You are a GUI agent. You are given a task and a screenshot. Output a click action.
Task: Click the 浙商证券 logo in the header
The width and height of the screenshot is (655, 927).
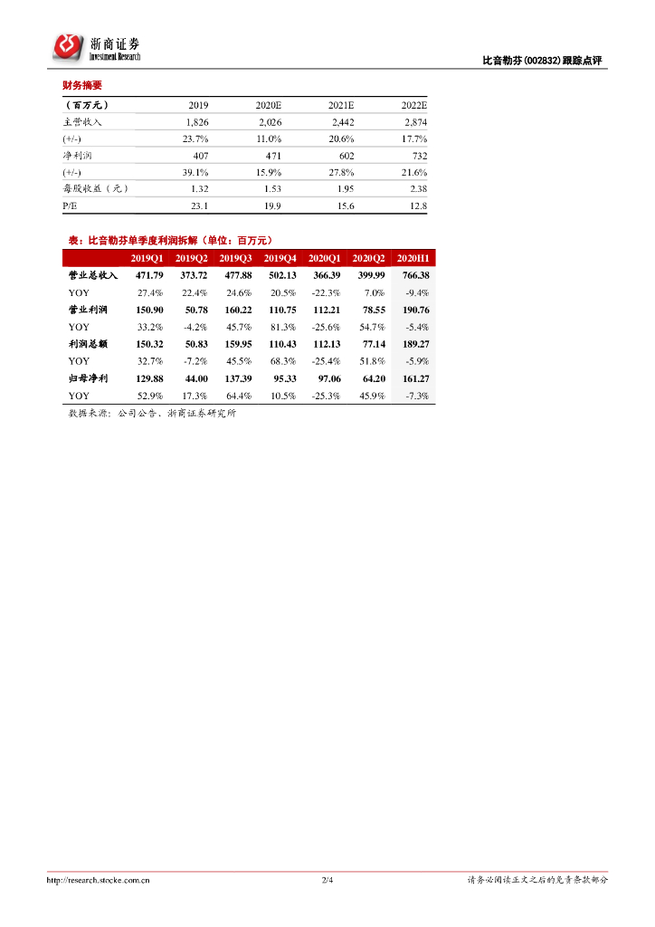[x=96, y=48]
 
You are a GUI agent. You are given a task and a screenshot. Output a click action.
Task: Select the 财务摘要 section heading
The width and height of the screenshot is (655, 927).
[x=81, y=86]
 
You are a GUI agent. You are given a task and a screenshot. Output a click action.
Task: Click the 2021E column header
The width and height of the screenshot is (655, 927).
[x=341, y=104]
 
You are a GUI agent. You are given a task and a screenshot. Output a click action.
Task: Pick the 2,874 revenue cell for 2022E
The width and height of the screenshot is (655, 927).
[x=413, y=121]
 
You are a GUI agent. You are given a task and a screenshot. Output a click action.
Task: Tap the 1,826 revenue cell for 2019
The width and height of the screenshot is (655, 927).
[x=197, y=121]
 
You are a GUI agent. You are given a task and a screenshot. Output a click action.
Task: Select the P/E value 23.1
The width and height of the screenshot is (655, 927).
[x=200, y=206]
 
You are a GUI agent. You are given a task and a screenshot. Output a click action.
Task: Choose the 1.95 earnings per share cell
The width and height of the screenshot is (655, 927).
[x=345, y=189]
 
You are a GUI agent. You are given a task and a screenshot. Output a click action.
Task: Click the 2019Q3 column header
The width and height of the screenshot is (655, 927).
[x=235, y=258]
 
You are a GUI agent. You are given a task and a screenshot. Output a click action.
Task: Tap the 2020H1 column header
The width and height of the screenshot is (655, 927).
[x=413, y=258]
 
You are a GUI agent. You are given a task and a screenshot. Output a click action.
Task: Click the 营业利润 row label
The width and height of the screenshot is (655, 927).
[x=87, y=310]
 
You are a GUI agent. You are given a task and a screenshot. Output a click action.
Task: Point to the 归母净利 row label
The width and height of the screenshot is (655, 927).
[x=87, y=378]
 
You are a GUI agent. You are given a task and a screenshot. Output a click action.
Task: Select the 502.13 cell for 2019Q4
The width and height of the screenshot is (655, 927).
[x=280, y=275]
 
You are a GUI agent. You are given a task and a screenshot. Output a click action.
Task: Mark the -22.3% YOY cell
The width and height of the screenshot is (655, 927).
[x=324, y=292]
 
